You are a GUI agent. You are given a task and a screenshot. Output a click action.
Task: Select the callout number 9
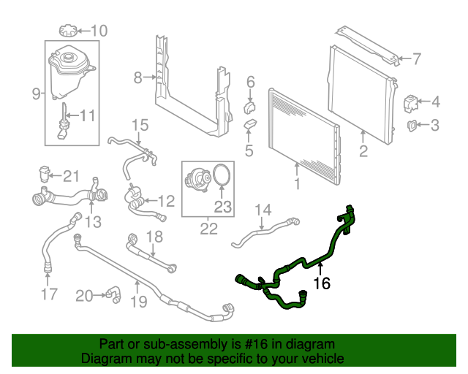coord(37,93)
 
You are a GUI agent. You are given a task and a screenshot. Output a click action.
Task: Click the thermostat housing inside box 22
coord(197,180)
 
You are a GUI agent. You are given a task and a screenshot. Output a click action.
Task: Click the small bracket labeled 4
coord(412,101)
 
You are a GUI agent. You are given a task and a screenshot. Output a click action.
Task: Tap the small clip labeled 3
coord(413,126)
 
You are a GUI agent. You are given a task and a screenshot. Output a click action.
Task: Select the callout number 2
coord(363,151)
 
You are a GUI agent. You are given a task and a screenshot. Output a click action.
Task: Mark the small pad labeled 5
coord(250,125)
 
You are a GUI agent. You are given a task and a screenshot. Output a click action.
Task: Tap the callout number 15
coord(139,125)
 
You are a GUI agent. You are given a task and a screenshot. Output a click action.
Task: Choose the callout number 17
coord(48,295)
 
